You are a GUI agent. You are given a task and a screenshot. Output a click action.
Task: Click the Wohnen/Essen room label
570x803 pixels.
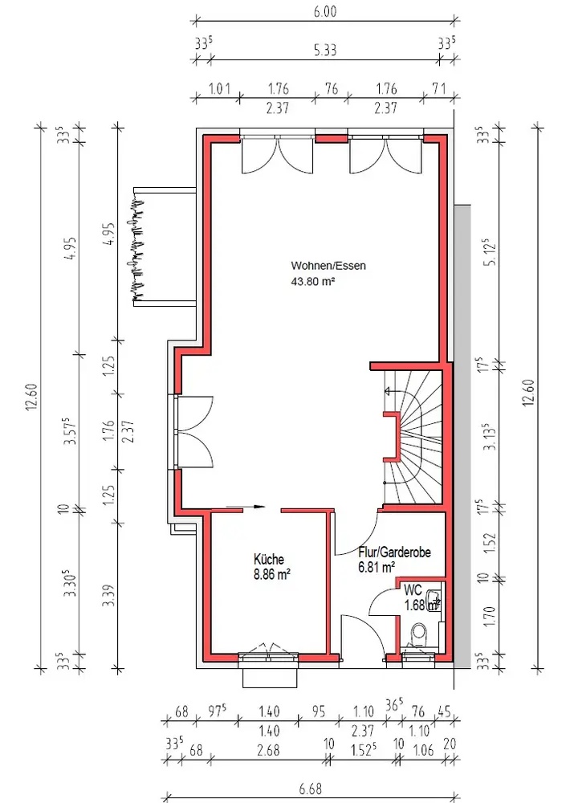point(328,265)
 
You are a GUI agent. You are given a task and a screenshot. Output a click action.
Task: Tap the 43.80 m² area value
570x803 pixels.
point(313,280)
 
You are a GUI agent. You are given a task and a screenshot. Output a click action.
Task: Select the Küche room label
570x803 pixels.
point(268,559)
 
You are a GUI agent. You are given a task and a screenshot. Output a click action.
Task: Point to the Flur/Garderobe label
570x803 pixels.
point(394,552)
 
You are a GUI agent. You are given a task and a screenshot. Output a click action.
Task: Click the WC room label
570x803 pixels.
point(413,590)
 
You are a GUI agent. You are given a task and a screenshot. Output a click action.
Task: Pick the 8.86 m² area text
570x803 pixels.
point(272,575)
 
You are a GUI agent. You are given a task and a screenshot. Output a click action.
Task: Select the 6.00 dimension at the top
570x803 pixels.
point(325,11)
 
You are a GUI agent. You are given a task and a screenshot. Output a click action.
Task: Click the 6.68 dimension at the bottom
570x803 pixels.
point(311,789)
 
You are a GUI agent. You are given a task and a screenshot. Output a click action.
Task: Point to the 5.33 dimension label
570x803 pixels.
point(325,50)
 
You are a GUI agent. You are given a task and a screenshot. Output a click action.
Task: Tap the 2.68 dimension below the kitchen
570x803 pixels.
point(268,750)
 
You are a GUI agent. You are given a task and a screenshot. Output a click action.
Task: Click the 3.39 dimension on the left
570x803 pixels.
point(108,596)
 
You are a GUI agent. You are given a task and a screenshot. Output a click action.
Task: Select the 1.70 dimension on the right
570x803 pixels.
point(489,616)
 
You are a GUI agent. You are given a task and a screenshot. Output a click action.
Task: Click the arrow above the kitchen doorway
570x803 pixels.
point(246,507)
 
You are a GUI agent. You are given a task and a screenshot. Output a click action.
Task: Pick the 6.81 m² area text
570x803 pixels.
point(377,568)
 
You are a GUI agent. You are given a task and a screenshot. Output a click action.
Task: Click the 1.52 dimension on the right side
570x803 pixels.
point(489,544)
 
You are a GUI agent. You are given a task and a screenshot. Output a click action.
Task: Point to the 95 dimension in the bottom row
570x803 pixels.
point(319,711)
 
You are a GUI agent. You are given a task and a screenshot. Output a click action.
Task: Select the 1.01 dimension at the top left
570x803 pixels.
point(219,88)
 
